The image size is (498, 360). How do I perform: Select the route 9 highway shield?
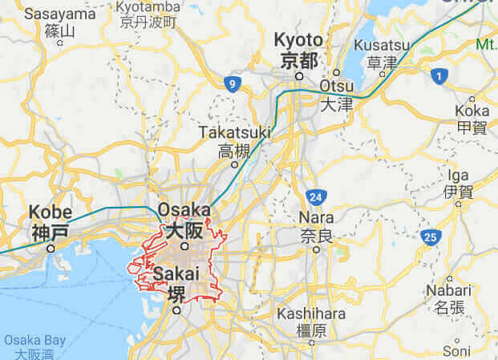232,83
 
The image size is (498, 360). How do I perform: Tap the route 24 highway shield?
316,197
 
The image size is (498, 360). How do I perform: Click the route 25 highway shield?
431,237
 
